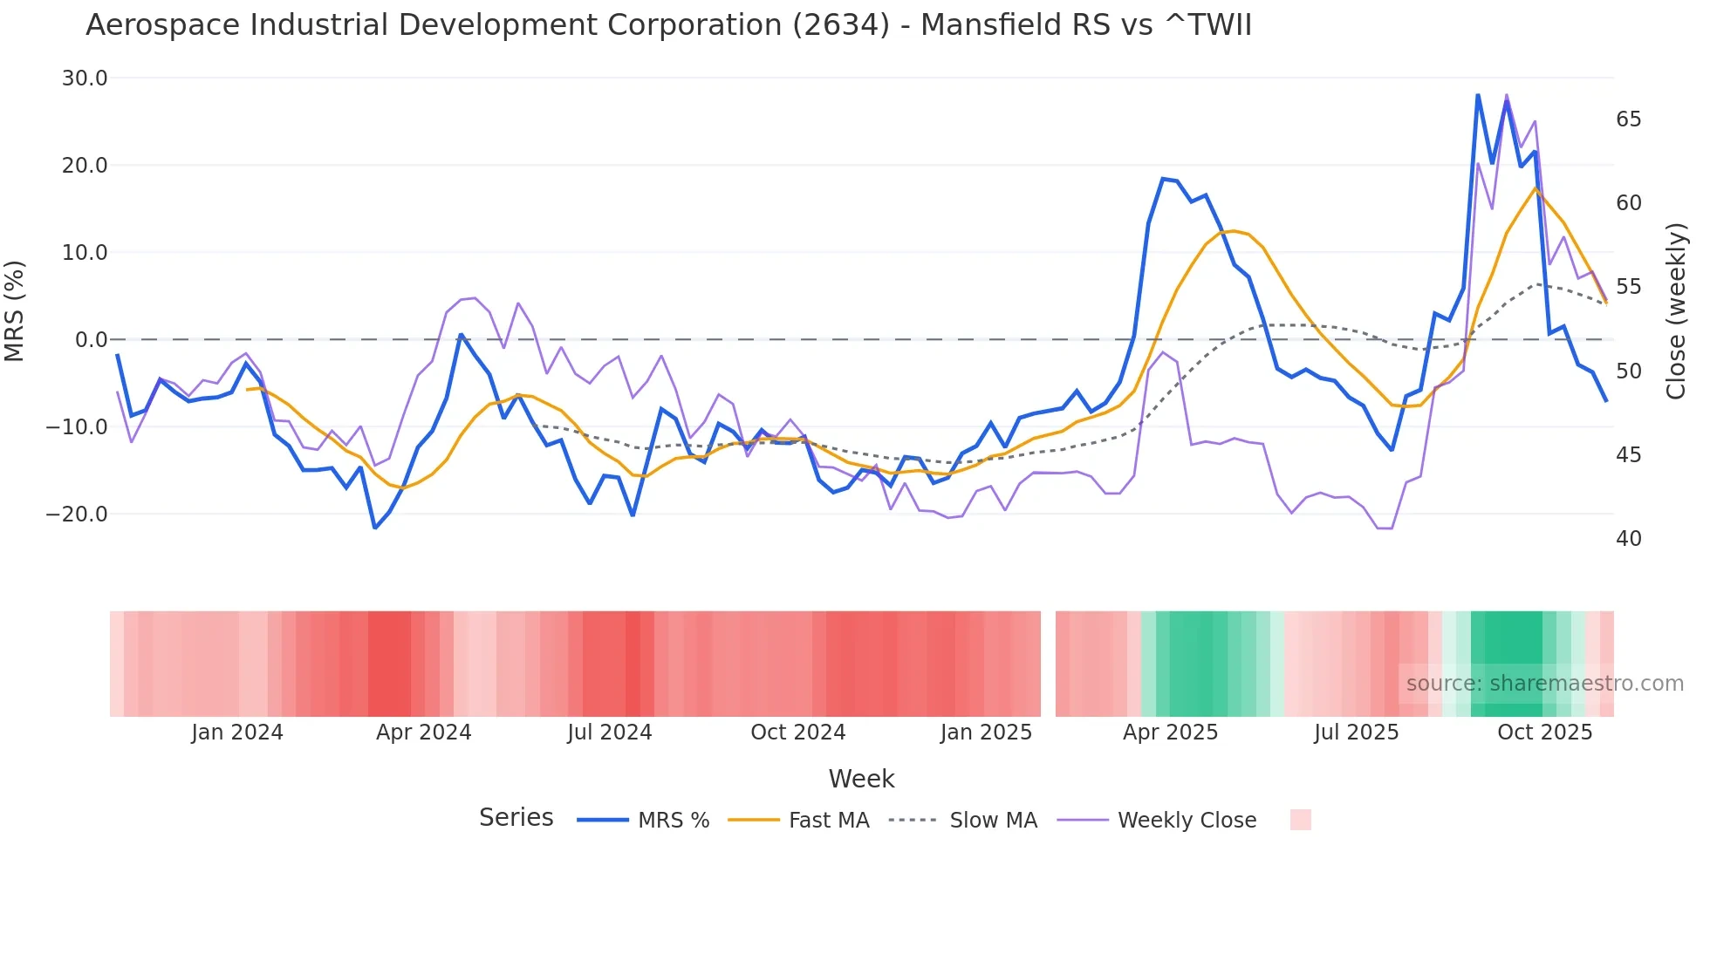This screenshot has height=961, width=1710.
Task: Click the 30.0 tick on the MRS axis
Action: click(x=84, y=78)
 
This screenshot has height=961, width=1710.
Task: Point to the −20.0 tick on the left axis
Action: click(x=77, y=515)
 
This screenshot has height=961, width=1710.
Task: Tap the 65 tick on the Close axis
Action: click(x=1628, y=119)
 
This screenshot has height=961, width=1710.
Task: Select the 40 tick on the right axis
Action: click(x=1628, y=539)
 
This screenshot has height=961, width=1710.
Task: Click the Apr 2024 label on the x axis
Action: click(x=423, y=733)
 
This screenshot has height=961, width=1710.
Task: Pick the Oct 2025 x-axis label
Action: click(x=1544, y=733)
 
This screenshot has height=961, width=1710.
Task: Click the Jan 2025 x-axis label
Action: click(x=986, y=733)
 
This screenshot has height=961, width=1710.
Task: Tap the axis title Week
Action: click(x=861, y=779)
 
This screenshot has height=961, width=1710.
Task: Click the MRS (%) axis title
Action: click(x=14, y=310)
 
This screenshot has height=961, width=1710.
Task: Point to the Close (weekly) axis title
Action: click(x=1676, y=311)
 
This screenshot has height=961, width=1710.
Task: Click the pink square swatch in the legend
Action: click(x=1300, y=820)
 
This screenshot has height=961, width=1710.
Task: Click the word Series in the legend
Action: click(x=516, y=818)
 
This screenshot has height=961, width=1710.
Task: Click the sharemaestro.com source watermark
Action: click(x=1544, y=684)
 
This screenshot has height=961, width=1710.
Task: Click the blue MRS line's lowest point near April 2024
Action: click(x=375, y=528)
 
